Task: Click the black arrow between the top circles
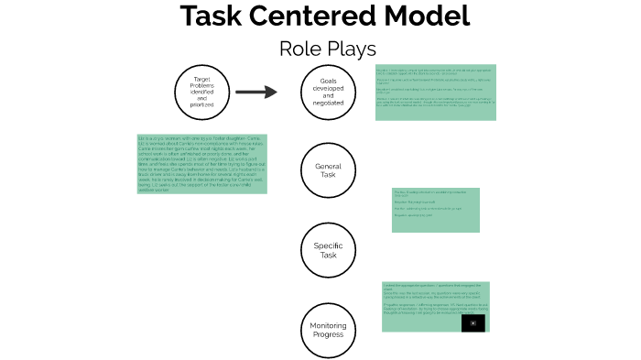tap(255, 92)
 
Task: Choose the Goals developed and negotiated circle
tap(328, 92)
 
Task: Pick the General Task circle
tap(328, 169)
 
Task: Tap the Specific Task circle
tap(328, 249)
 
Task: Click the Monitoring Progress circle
tap(328, 329)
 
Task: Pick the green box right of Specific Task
tap(435, 210)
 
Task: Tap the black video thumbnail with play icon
tap(473, 322)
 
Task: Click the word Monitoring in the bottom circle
tap(328, 325)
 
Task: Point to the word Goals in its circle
tap(328, 81)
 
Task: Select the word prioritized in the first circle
tap(201, 104)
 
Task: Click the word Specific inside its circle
tap(328, 245)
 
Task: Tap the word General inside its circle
tap(328, 166)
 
